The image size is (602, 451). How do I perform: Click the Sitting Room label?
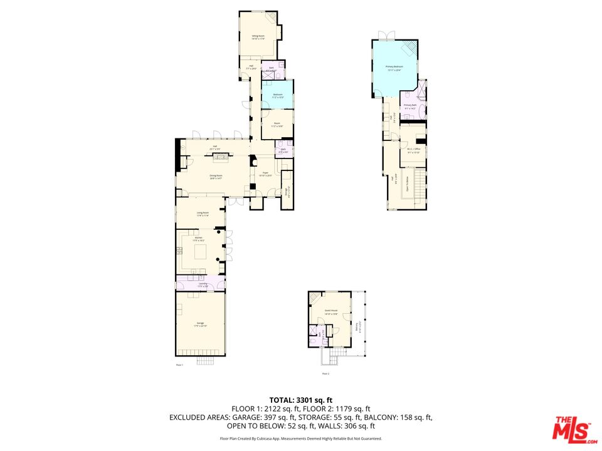(258, 37)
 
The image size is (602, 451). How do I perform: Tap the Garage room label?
(200, 323)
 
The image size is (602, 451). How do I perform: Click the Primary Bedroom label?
(394, 66)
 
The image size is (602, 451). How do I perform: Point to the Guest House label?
(330, 311)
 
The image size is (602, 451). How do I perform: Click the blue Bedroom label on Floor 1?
(277, 95)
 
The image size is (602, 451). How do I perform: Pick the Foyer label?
(266, 173)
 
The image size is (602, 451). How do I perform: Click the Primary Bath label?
(410, 106)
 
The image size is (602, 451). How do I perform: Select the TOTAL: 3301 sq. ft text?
(300, 399)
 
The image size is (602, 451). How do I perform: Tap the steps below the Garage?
(206, 361)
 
